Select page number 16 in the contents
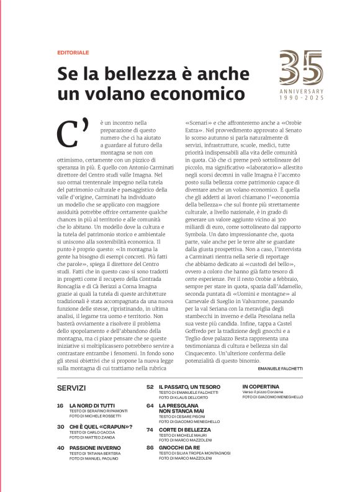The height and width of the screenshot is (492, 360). [60, 405]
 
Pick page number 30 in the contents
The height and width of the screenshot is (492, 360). [60, 427]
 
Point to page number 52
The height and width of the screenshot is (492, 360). [150, 386]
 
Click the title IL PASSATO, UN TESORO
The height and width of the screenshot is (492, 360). [189, 386]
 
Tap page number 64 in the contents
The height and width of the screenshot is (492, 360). [150, 405]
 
